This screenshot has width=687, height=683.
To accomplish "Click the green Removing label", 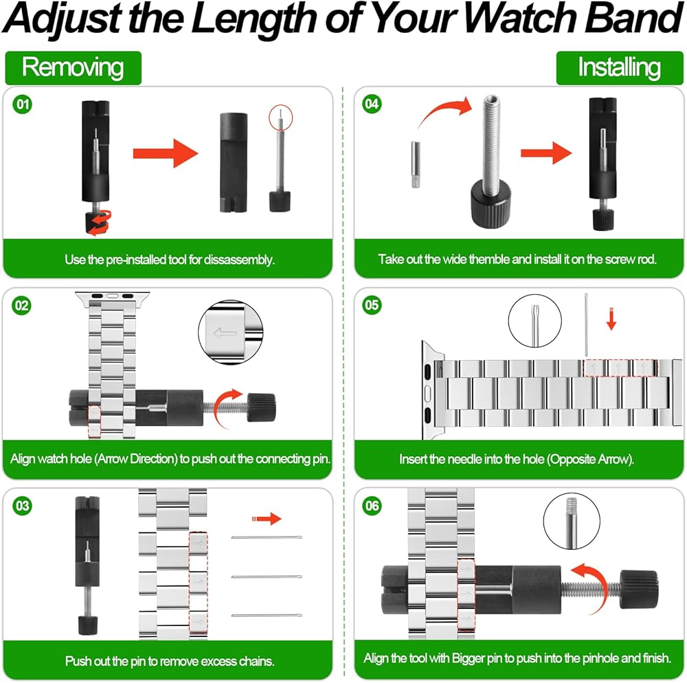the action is [74, 68].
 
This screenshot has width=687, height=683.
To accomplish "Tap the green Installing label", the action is [619, 68].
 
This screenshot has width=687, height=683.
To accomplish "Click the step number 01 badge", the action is [23, 104].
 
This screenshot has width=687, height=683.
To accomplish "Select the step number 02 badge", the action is [21, 305].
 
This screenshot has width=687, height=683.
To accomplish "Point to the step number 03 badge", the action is [23, 506].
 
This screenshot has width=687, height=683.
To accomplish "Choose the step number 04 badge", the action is [372, 104].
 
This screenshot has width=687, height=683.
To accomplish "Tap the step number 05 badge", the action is [372, 305].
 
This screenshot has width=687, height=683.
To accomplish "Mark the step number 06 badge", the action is [372, 506].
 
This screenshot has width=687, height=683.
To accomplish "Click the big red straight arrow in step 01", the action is [166, 153].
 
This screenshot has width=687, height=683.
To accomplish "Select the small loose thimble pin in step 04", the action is [416, 164].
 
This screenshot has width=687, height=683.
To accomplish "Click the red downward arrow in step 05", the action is [611, 319].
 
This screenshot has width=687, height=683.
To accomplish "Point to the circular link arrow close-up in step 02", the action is [231, 332].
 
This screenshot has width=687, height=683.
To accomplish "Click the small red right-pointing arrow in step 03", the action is [267, 519].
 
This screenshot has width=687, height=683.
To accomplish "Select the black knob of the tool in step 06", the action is [639, 590].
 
